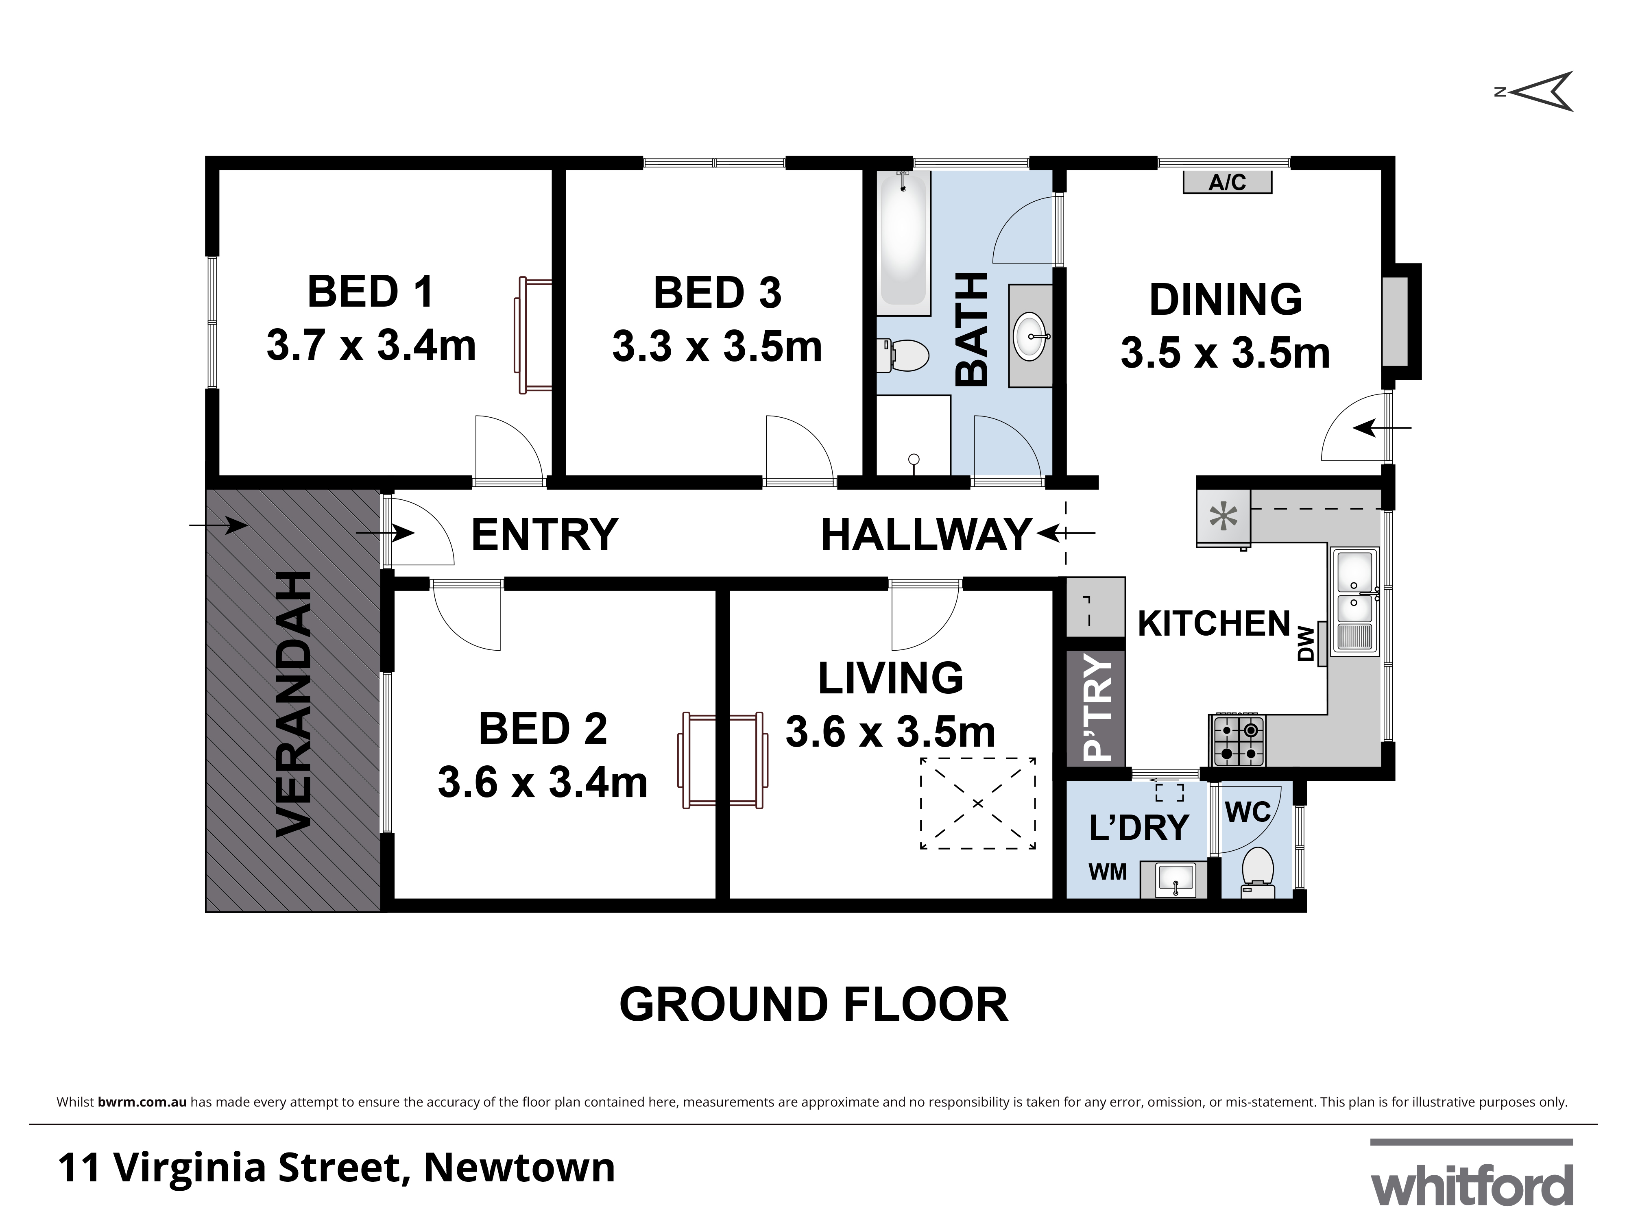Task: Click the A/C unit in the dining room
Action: pyautogui.click(x=1227, y=182)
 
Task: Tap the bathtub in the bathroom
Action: pyautogui.click(x=903, y=237)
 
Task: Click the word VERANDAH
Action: pyautogui.click(x=294, y=704)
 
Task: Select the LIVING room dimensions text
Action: pyautogui.click(x=890, y=732)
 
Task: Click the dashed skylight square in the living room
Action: pyautogui.click(x=977, y=803)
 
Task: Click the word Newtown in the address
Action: pyautogui.click(x=519, y=1168)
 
